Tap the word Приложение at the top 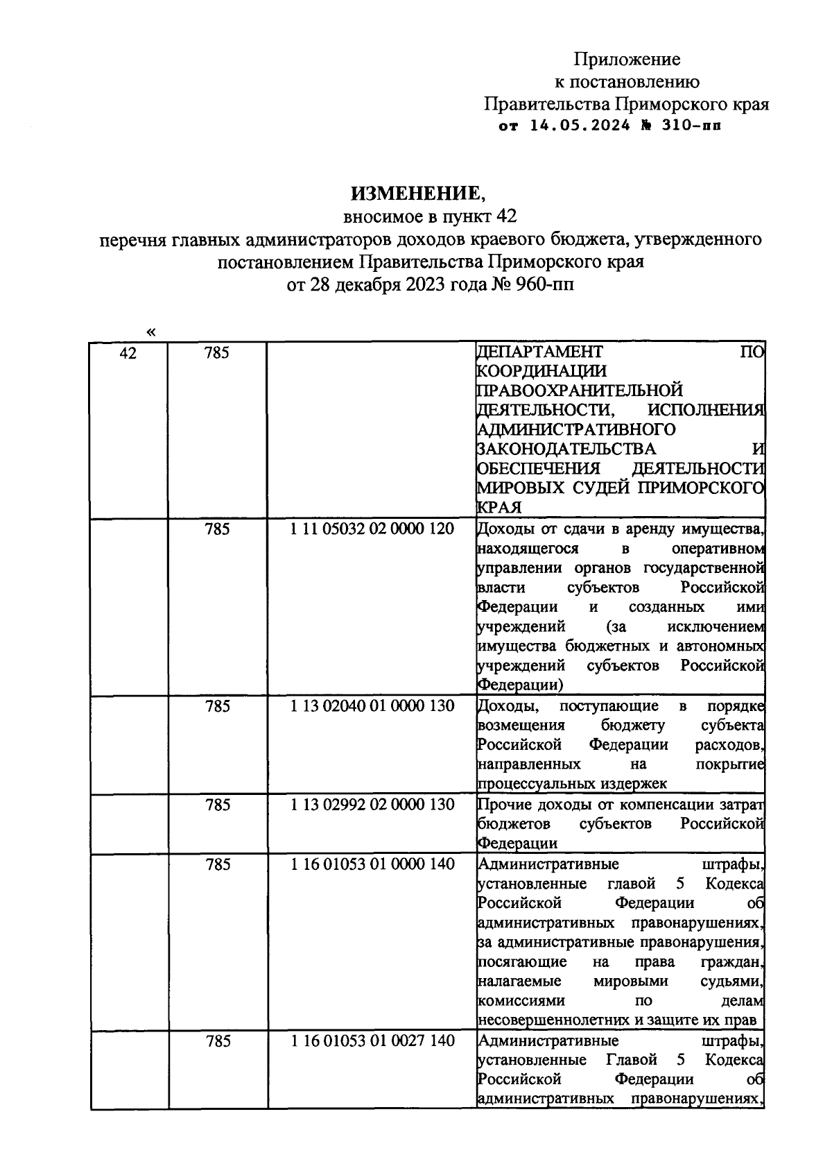627,60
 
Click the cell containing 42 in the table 128,353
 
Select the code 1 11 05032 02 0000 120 372,529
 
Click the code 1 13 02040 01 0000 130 372,706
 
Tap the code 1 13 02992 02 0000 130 372,805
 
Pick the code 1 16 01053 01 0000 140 372,864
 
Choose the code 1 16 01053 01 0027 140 372,1041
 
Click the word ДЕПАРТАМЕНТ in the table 540,352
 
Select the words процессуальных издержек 572,784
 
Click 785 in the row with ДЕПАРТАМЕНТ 217,353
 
